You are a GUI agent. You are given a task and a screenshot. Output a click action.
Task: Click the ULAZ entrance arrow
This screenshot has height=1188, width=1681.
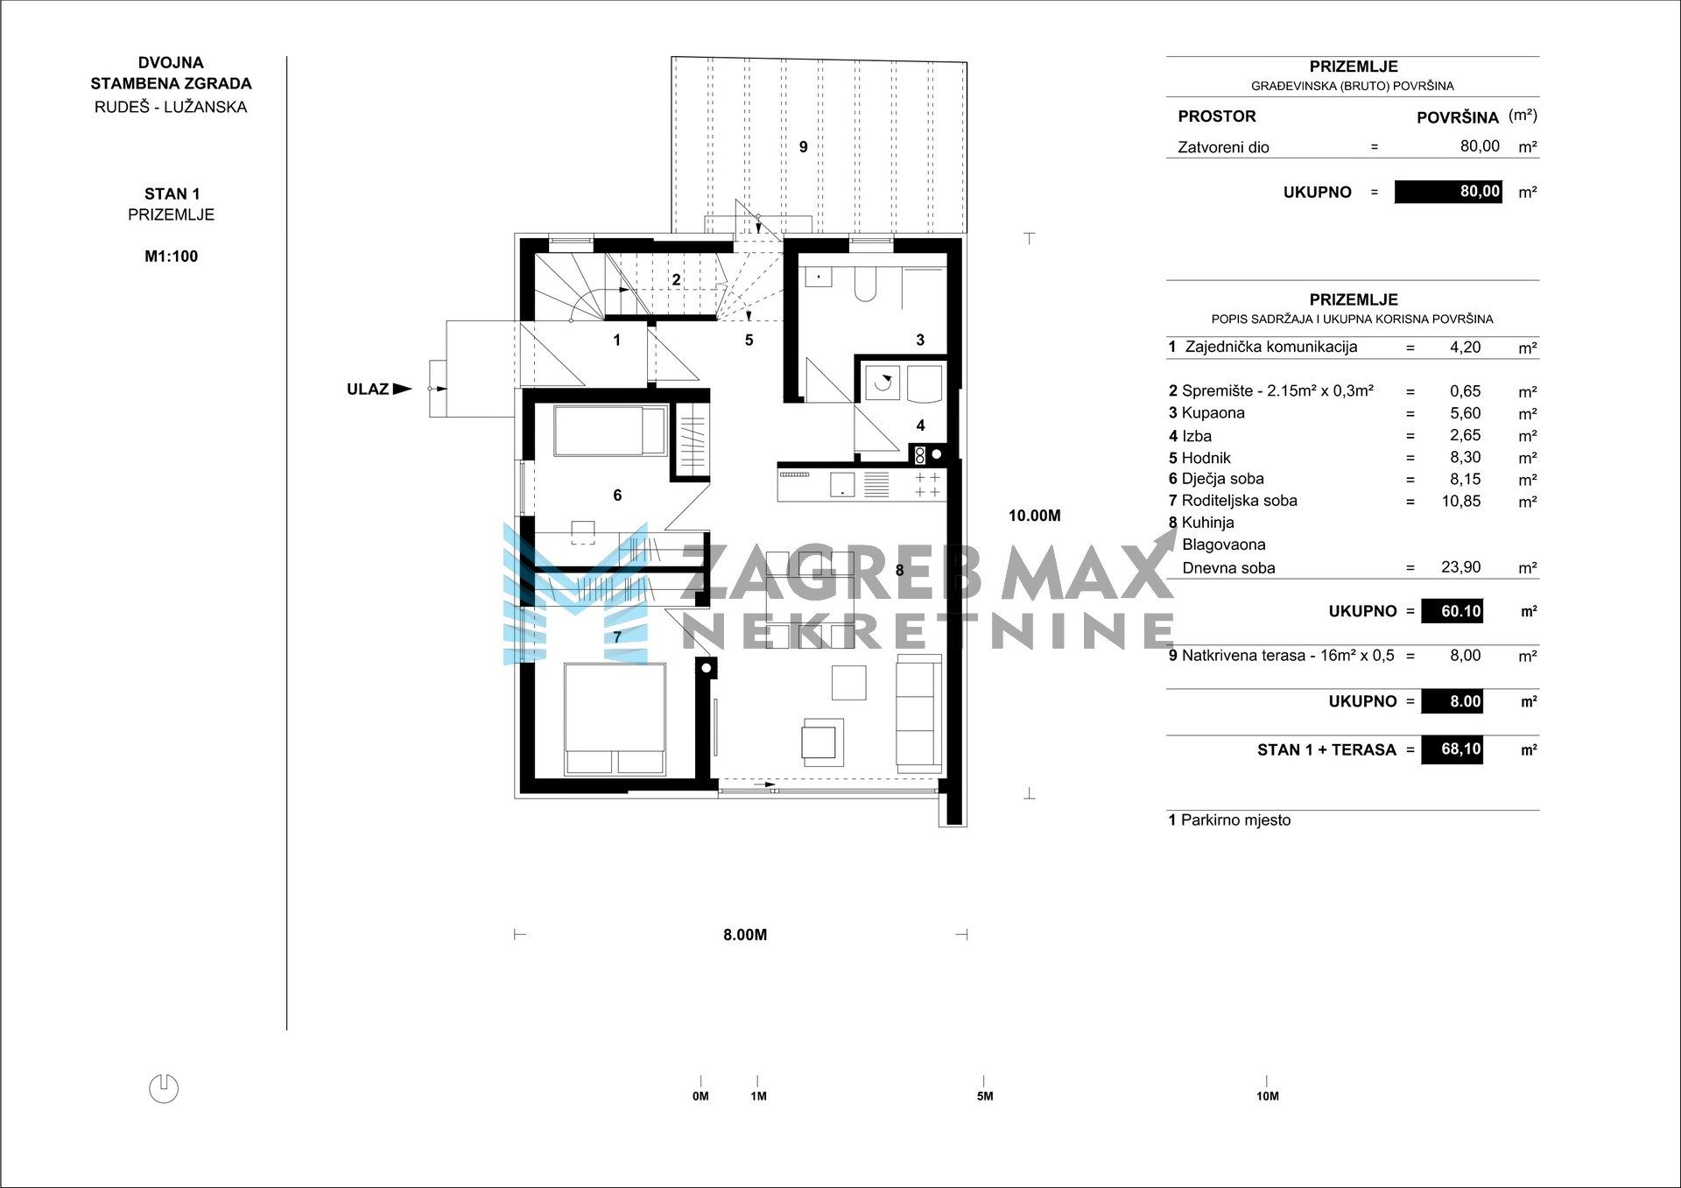[x=402, y=389]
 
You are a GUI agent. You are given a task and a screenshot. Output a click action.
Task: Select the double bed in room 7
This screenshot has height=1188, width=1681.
[x=615, y=719]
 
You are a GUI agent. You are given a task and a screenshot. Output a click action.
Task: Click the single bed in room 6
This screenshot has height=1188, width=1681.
[x=609, y=431]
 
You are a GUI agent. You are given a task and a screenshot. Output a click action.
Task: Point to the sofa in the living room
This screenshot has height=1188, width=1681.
[x=918, y=713]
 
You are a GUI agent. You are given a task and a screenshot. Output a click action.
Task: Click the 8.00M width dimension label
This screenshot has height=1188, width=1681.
[x=745, y=935]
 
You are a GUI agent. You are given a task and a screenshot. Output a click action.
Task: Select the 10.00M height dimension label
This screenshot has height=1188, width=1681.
[x=1034, y=516]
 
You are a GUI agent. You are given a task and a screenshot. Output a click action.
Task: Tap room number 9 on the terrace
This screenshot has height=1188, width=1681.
[x=804, y=147]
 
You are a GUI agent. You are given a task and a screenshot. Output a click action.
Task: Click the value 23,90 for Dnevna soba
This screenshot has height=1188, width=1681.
[x=1461, y=567]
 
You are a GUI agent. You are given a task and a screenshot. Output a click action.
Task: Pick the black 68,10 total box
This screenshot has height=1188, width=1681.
[x=1452, y=749]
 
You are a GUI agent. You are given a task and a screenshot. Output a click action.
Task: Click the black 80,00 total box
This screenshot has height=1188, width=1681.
[x=1448, y=191]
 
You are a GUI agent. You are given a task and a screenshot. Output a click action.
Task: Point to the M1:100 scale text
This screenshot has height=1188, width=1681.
[x=172, y=257]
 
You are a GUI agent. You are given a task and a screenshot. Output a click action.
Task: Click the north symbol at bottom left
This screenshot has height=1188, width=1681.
[x=164, y=1088]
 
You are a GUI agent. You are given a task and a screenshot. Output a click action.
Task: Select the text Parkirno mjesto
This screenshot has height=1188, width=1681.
[x=1235, y=820]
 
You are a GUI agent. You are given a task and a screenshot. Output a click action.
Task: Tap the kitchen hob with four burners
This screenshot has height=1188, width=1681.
[x=927, y=485]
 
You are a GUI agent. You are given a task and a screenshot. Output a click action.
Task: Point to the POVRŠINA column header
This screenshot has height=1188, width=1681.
[x=1458, y=117]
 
